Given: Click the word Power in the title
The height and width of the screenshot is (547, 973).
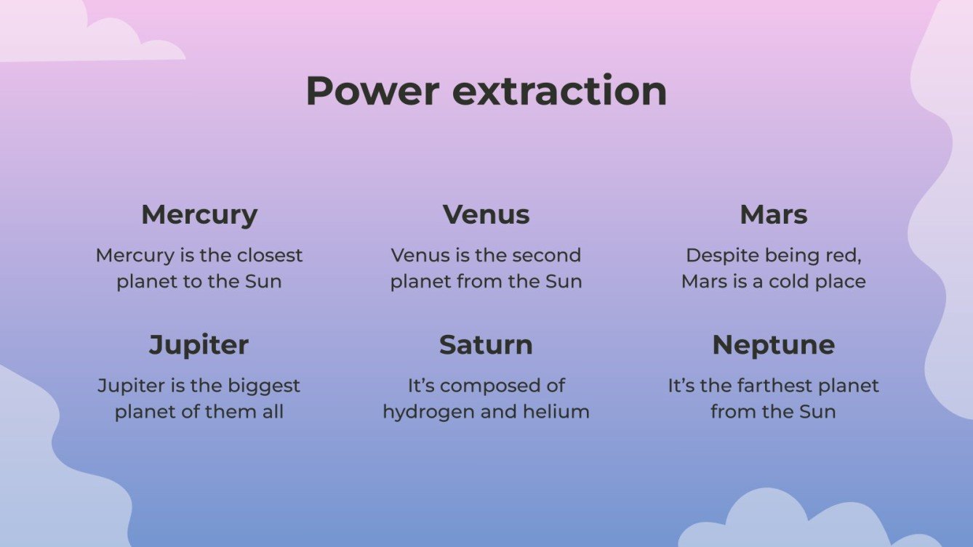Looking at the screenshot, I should tap(372, 92).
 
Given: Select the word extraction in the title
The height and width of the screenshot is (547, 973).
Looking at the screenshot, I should tap(559, 92).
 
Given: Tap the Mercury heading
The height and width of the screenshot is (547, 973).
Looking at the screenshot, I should tap(199, 215).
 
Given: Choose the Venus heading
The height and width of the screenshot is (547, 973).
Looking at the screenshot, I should tap(486, 215).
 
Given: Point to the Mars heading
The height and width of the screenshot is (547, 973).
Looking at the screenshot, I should tap(774, 215).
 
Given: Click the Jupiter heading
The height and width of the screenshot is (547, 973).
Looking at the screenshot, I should tap(199, 345).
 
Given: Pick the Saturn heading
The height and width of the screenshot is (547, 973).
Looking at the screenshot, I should tap(486, 345).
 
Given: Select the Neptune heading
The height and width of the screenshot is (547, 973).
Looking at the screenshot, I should tap(774, 345).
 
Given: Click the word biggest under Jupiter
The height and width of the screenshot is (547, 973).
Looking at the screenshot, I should tap(263, 386).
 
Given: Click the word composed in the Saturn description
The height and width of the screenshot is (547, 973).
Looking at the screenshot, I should tap(492, 386).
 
